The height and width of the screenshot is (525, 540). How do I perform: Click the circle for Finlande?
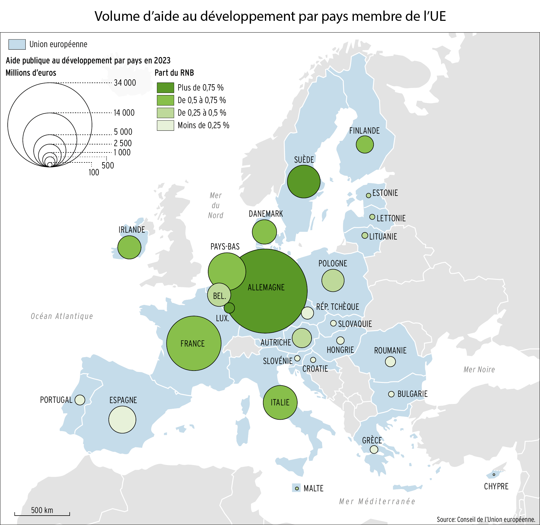pos(365,144)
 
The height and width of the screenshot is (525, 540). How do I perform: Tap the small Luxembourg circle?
pos(229,308)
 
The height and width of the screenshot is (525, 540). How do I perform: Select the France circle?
pos(194,343)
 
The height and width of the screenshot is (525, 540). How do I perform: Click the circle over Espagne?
pos(122,420)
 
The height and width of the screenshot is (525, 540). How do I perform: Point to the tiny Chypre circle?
pos(494,474)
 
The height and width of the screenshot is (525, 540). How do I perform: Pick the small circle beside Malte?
pos(297,488)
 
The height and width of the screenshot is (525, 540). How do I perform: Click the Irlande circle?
pos(129,247)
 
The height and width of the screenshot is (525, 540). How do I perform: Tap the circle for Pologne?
pos(333,280)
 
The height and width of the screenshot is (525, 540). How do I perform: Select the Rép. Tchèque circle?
pos(307,313)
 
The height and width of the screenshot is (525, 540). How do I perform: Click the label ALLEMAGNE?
pos(266,287)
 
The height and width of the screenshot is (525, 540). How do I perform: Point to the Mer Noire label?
pos(479,369)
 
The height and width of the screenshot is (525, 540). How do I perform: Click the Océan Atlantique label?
pos(62,316)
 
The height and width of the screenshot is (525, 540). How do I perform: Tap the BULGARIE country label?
pos(412,394)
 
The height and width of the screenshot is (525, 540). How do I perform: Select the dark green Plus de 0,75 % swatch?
pos(165,88)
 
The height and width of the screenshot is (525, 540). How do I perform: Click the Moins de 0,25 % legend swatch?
pos(165,125)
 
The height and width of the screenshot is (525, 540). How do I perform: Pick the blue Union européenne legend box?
pos(17,45)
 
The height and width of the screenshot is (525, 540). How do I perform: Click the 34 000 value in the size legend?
pos(125,83)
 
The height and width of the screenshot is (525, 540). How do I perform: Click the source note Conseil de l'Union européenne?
pos(485,520)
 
